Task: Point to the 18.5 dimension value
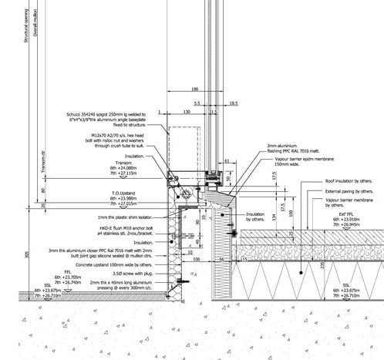[233, 103]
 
